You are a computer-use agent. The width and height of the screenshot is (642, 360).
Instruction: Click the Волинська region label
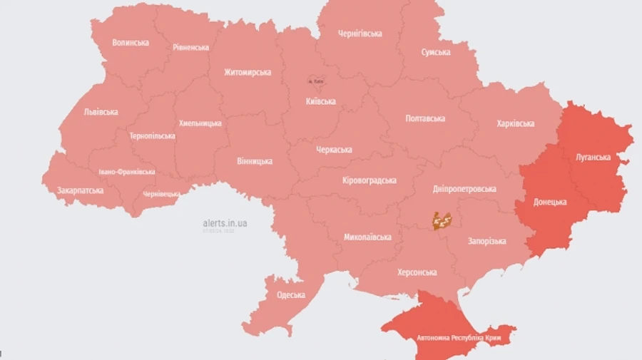pos(131,43)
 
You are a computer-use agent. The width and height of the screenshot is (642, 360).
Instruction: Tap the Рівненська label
pos(190,48)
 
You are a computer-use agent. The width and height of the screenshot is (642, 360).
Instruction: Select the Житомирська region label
pos(248,73)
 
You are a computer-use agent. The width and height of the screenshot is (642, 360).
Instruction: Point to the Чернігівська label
pos(360,34)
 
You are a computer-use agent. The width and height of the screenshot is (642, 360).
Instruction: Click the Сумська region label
pos(435,53)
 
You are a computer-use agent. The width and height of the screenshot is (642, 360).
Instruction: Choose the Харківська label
pos(515,124)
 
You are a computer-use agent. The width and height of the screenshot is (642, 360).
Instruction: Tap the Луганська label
pos(593,157)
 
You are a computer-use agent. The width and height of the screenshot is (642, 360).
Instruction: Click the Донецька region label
pos(550,202)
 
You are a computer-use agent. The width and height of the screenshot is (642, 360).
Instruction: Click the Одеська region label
pos(290,295)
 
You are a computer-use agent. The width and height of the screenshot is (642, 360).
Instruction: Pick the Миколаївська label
pos(367,237)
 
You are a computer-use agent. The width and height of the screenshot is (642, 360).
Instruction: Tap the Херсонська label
pos(417,272)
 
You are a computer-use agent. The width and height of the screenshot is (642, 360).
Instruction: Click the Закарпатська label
pos(80,191)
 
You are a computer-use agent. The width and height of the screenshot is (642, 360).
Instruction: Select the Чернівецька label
pos(161,194)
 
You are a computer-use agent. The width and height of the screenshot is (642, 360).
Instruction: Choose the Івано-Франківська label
pos(126,173)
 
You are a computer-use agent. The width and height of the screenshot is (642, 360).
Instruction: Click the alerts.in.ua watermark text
pos(225,223)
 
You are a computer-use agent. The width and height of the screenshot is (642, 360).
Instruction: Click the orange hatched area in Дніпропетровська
pos(442,221)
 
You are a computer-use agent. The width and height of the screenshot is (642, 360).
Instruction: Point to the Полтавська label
pos(425,118)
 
